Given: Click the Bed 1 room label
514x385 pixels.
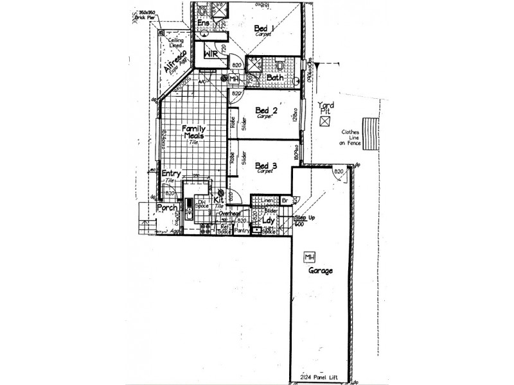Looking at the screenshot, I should pyautogui.click(x=264, y=28).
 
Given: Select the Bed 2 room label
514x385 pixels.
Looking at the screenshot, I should pyautogui.click(x=266, y=111).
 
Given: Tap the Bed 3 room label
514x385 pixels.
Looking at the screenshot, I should pyautogui.click(x=266, y=166).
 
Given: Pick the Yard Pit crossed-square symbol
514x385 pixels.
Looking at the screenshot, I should pyautogui.click(x=325, y=120).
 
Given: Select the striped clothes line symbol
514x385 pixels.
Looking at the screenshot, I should pyautogui.click(x=370, y=133).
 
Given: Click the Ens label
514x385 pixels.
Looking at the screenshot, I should pyautogui.click(x=203, y=24).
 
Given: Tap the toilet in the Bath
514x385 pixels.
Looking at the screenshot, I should pyautogui.click(x=281, y=65).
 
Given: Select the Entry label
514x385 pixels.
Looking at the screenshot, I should pyautogui.click(x=171, y=173).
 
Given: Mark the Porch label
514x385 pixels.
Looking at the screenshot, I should pyautogui.click(x=167, y=208).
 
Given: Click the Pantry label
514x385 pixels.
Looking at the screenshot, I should pyautogui.click(x=242, y=231).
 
